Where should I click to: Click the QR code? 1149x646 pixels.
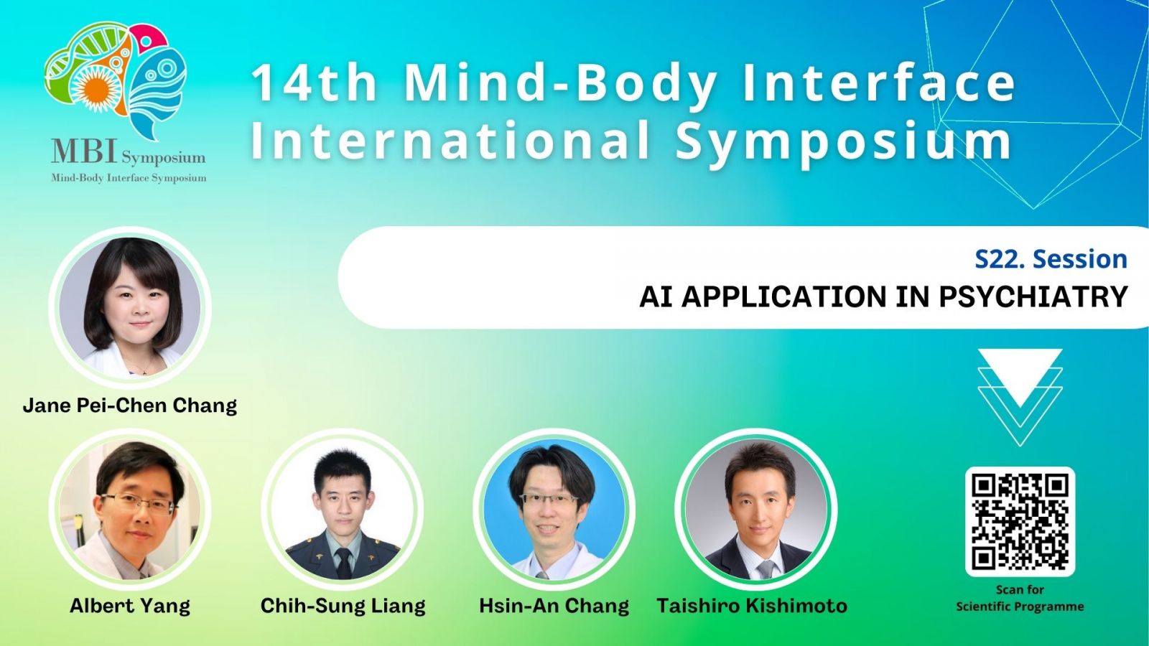(x=1020, y=521)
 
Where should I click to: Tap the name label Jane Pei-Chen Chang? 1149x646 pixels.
(x=130, y=405)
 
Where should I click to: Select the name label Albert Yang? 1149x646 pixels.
(x=130, y=606)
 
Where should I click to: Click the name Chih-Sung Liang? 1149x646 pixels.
(x=343, y=606)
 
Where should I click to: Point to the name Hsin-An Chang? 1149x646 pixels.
(x=554, y=606)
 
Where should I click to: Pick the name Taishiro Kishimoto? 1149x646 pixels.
(x=752, y=606)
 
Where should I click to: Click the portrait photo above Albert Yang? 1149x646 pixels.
(x=130, y=509)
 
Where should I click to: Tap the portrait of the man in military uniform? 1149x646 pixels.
(x=342, y=509)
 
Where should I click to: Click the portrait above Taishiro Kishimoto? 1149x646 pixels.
(x=756, y=509)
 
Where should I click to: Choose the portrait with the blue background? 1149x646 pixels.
(x=554, y=509)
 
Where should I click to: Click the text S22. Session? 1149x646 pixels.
(x=1051, y=259)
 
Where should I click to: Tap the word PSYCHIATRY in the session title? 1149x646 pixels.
(x=1033, y=297)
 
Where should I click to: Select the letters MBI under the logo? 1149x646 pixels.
(x=85, y=151)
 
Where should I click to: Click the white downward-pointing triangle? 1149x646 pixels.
(x=1020, y=378)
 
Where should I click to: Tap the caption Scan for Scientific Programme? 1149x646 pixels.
(x=1020, y=599)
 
